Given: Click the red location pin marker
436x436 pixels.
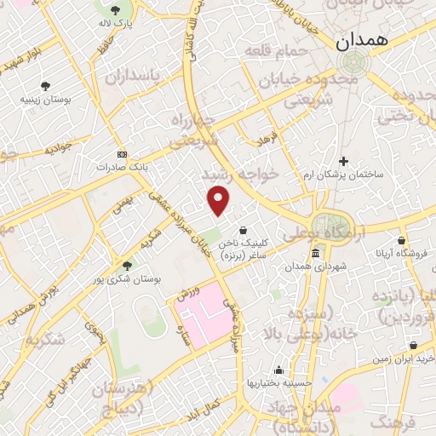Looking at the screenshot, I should (x=219, y=200).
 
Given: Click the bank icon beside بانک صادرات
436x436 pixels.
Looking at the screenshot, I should (x=122, y=154).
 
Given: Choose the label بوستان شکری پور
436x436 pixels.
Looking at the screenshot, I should (x=127, y=278).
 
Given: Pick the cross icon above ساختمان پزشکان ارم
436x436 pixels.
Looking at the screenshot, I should (x=343, y=160).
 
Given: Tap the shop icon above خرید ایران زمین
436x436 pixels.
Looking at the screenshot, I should (x=413, y=346).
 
